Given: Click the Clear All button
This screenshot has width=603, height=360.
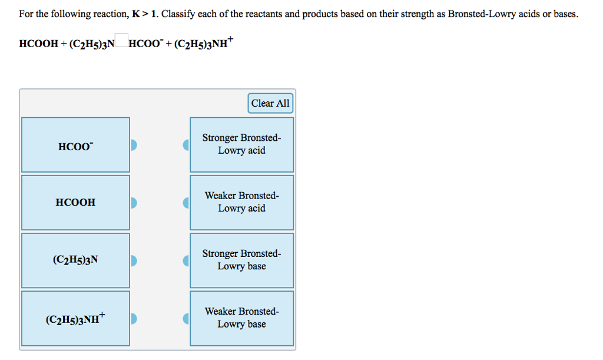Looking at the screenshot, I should click(x=270, y=103).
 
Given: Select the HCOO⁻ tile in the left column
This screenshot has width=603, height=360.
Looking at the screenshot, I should click(x=75, y=145).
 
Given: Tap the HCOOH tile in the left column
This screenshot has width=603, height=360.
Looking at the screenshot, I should click(x=75, y=203).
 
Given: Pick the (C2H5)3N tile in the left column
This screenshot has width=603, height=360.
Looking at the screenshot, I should click(x=75, y=260).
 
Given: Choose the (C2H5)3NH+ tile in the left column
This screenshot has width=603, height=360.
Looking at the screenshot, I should click(x=75, y=318).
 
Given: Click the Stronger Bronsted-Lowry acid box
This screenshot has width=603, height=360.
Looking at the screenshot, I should click(x=241, y=144).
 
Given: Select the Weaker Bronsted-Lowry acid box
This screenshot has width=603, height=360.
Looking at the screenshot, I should click(x=241, y=202).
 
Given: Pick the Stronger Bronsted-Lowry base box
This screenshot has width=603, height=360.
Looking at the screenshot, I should click(x=241, y=260).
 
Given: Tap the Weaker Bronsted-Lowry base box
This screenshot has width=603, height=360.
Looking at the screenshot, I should click(x=241, y=318).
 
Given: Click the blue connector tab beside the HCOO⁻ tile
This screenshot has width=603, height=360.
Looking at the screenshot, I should click(x=134, y=145).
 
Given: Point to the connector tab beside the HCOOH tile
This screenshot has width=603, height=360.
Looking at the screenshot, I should click(x=134, y=203).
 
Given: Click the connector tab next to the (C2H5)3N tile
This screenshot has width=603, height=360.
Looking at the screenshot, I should click(x=134, y=260).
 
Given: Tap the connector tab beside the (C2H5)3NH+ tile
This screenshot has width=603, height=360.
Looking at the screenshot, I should click(x=134, y=318).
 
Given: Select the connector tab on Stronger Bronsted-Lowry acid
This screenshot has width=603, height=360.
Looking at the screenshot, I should click(x=186, y=145).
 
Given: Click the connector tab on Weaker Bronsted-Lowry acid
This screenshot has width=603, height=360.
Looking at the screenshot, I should click(x=186, y=203).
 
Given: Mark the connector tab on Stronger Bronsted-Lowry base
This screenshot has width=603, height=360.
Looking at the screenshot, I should click(x=186, y=260).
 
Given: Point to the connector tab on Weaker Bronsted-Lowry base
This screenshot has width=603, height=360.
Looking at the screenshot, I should click(x=186, y=318).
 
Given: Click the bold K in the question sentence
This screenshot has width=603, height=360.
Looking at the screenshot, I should click(x=136, y=14).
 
